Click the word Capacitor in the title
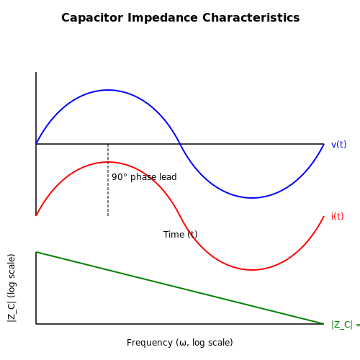point(92,18)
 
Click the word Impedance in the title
point(163,18)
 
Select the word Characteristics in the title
point(251,18)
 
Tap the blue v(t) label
point(338,145)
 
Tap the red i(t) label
point(337,217)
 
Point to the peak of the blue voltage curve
point(108,90)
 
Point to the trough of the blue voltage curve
point(252,198)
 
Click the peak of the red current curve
point(108,162)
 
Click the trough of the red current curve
point(252,270)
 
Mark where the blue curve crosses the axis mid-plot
point(180,144)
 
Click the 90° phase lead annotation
point(144,177)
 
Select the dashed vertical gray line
point(108,180)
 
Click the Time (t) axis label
point(181,235)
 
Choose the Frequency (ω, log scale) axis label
point(180,343)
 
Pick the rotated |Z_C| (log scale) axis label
point(12,288)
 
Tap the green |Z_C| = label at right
point(346,325)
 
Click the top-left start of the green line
point(36,252)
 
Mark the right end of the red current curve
point(324,216)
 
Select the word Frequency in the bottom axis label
point(149,343)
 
